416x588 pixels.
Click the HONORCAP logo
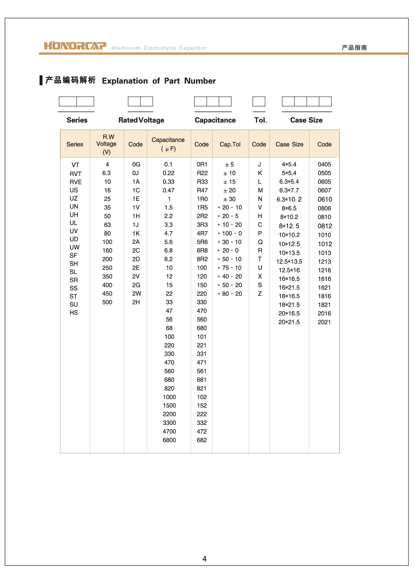coord(75,46)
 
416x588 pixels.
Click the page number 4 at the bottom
coord(204,559)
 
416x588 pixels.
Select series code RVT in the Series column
coord(75,174)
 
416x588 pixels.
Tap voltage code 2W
coord(136,293)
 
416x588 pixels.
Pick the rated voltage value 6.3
coord(107,173)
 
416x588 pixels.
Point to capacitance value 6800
coord(169,440)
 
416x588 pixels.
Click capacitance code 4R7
coord(202,234)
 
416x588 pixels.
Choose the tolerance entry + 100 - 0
coord(230,234)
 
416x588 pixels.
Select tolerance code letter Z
coord(260,294)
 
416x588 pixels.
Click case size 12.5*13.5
coord(289,262)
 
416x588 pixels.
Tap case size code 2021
coord(324,322)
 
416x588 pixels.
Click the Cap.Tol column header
coord(230,144)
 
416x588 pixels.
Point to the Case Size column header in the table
coord(289,144)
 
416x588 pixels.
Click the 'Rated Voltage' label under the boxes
coord(141,120)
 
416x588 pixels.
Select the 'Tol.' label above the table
coord(260,120)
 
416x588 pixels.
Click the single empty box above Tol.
coord(259,102)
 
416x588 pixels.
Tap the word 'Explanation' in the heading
coord(125,81)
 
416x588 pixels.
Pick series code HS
coord(74,313)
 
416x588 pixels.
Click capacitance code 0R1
coord(202,165)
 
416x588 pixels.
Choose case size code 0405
coord(324,165)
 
